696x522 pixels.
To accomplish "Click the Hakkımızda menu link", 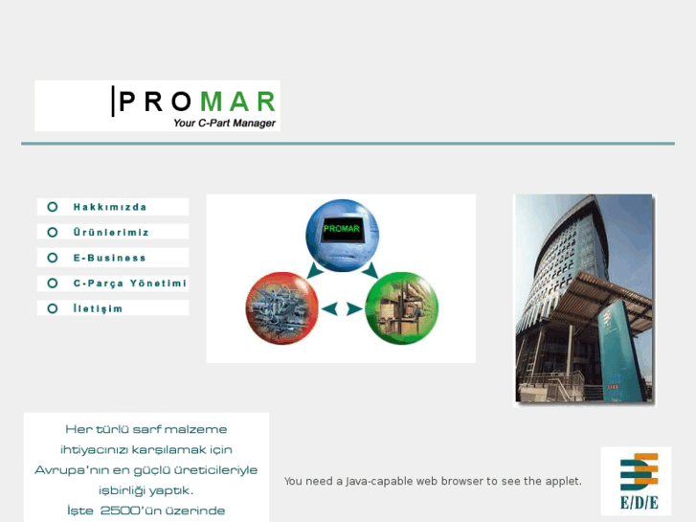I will pos(110,207).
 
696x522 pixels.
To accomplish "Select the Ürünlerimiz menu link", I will pos(111,232).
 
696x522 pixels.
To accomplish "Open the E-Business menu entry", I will pos(110,258).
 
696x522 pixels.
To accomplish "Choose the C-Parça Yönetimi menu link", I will pos(129,284).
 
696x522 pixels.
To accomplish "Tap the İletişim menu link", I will pos(98,308).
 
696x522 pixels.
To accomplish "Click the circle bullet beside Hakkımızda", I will pos(53,207).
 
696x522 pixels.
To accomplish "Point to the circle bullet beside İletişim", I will pos(53,308).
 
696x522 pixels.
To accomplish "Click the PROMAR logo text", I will pos(197,101).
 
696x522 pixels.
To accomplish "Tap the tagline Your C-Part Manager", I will pos(224,123).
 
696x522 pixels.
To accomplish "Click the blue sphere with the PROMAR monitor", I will pos(342,234).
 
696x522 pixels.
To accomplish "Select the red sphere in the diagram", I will pos(281,308).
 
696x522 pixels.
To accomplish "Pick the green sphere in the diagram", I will pos(401,308).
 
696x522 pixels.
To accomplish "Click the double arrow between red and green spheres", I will pos(342,309).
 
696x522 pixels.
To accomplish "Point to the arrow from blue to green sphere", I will pos(371,271).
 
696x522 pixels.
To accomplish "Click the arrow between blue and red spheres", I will pos(311,271).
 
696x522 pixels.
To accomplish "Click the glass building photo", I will pos(583,299).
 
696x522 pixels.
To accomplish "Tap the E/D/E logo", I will pos(637,480).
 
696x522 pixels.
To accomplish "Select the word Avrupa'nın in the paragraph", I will pos(66,470).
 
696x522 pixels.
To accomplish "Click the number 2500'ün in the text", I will pos(126,511).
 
